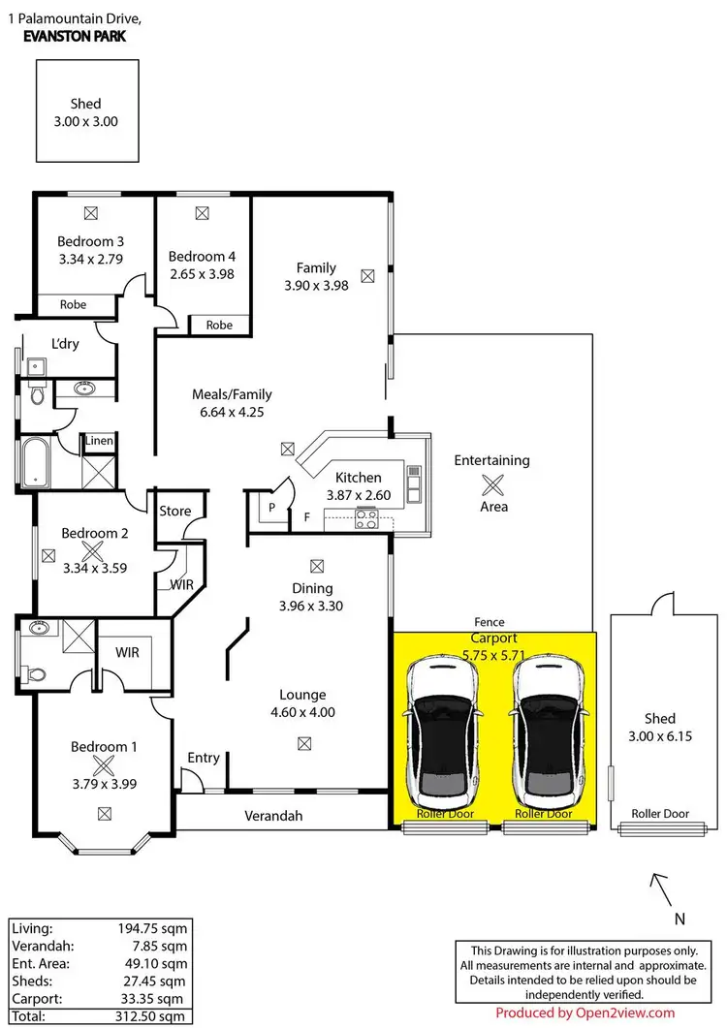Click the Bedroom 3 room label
pos(90,241)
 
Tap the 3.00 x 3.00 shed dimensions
pos(84,122)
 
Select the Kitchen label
pos(358,477)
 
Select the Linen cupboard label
pos(99,441)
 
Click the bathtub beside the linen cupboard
pos(36,463)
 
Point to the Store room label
pos(175,511)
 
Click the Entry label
pos(204,758)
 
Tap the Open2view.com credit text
pos(585,1013)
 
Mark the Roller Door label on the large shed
pos(659,814)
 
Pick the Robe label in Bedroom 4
pos(220,326)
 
